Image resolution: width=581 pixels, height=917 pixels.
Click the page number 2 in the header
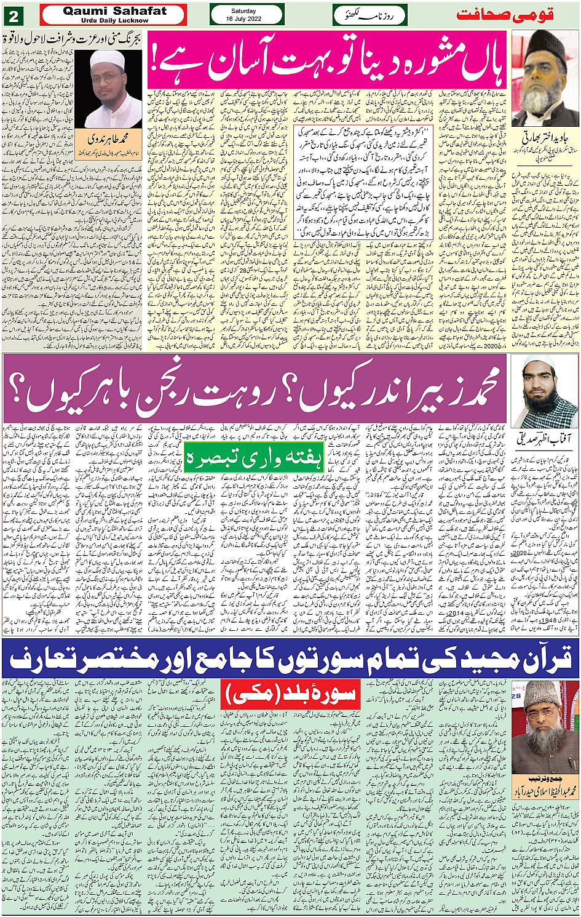pos(14,15)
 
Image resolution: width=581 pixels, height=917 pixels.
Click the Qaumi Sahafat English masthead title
pos(114,11)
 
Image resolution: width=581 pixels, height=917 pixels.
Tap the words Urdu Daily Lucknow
pos(114,20)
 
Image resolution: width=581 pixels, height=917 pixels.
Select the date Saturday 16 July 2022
pos(247,15)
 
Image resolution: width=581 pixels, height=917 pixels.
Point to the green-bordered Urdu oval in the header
pos(362,15)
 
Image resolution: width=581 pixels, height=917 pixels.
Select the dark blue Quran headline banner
pos(290,658)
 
